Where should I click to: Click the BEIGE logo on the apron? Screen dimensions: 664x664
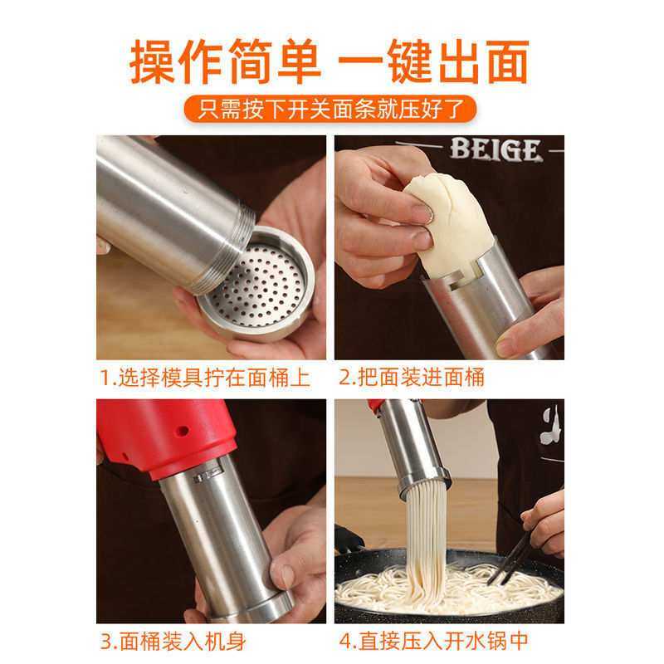[496, 150]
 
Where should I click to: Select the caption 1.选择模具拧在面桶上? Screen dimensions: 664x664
[205, 378]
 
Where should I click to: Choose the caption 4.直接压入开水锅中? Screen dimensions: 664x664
[432, 642]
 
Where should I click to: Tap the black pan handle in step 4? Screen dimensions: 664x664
[349, 540]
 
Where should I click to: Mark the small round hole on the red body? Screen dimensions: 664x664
[180, 432]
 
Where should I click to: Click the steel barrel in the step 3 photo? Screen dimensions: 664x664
[220, 539]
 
